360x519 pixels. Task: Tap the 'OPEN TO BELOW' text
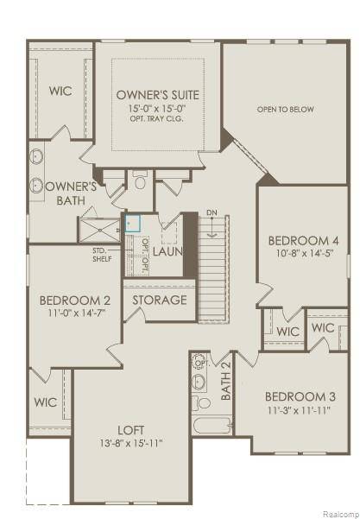click(284, 110)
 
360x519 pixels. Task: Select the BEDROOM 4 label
click(302, 240)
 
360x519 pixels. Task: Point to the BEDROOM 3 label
click(300, 397)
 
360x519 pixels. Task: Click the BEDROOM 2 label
click(75, 301)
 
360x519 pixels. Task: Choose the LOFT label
click(130, 429)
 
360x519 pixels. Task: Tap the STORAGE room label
click(159, 301)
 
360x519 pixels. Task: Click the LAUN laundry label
click(168, 251)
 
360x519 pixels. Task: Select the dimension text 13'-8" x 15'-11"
click(130, 443)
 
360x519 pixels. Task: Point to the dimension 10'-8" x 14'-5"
click(302, 254)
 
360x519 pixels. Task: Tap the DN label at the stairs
click(212, 213)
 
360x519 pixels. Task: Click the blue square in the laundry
click(132, 222)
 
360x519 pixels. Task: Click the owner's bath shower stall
click(101, 231)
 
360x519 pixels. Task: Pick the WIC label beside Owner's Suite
click(60, 91)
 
